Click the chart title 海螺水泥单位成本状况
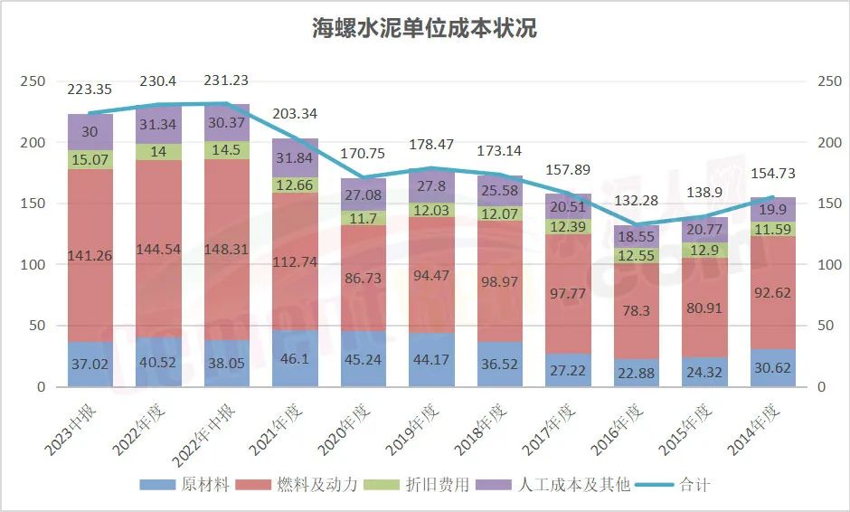424,28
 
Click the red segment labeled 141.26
90,256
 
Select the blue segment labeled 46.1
295,359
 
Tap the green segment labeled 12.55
638,255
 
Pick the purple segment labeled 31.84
295,158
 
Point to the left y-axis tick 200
33,143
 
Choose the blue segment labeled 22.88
638,373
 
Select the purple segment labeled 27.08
364,194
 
